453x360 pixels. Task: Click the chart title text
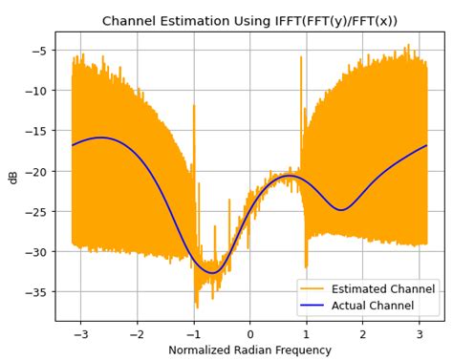(x=248, y=20)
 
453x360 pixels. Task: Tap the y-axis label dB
(x=13, y=177)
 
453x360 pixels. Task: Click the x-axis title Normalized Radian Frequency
(x=249, y=350)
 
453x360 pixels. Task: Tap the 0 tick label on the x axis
(x=250, y=334)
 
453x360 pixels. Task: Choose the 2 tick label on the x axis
(x=363, y=334)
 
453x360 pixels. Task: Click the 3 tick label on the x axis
(x=420, y=334)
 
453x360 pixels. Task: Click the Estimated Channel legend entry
(x=382, y=288)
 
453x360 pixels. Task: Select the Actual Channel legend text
(x=372, y=306)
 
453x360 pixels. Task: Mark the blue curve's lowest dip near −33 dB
(x=212, y=273)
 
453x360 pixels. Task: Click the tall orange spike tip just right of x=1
(x=301, y=57)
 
